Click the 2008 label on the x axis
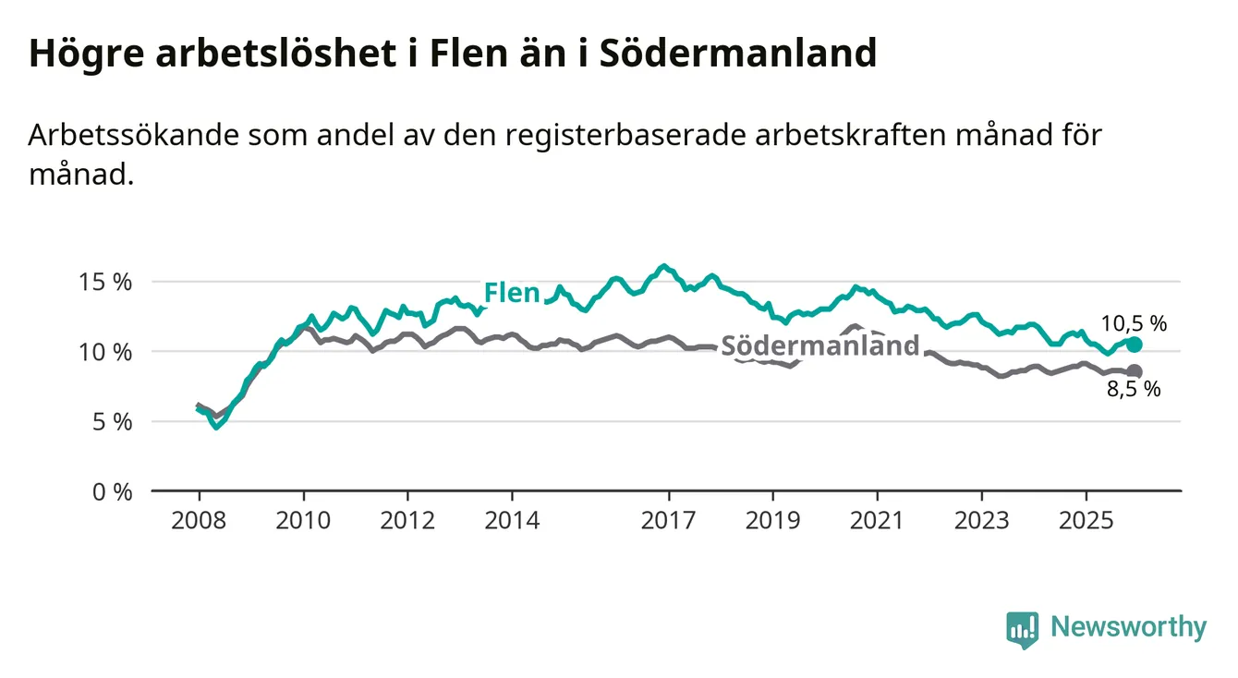(x=199, y=519)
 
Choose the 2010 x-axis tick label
(x=303, y=519)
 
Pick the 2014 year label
(x=512, y=519)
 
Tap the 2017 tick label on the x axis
(x=668, y=519)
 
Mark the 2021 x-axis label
(x=877, y=519)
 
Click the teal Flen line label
(x=512, y=294)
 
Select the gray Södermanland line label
(x=820, y=346)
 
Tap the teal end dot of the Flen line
(x=1135, y=345)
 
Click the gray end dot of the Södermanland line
(x=1135, y=371)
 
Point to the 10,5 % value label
(x=1134, y=323)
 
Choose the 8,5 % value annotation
(x=1134, y=390)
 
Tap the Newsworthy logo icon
(x=1022, y=629)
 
